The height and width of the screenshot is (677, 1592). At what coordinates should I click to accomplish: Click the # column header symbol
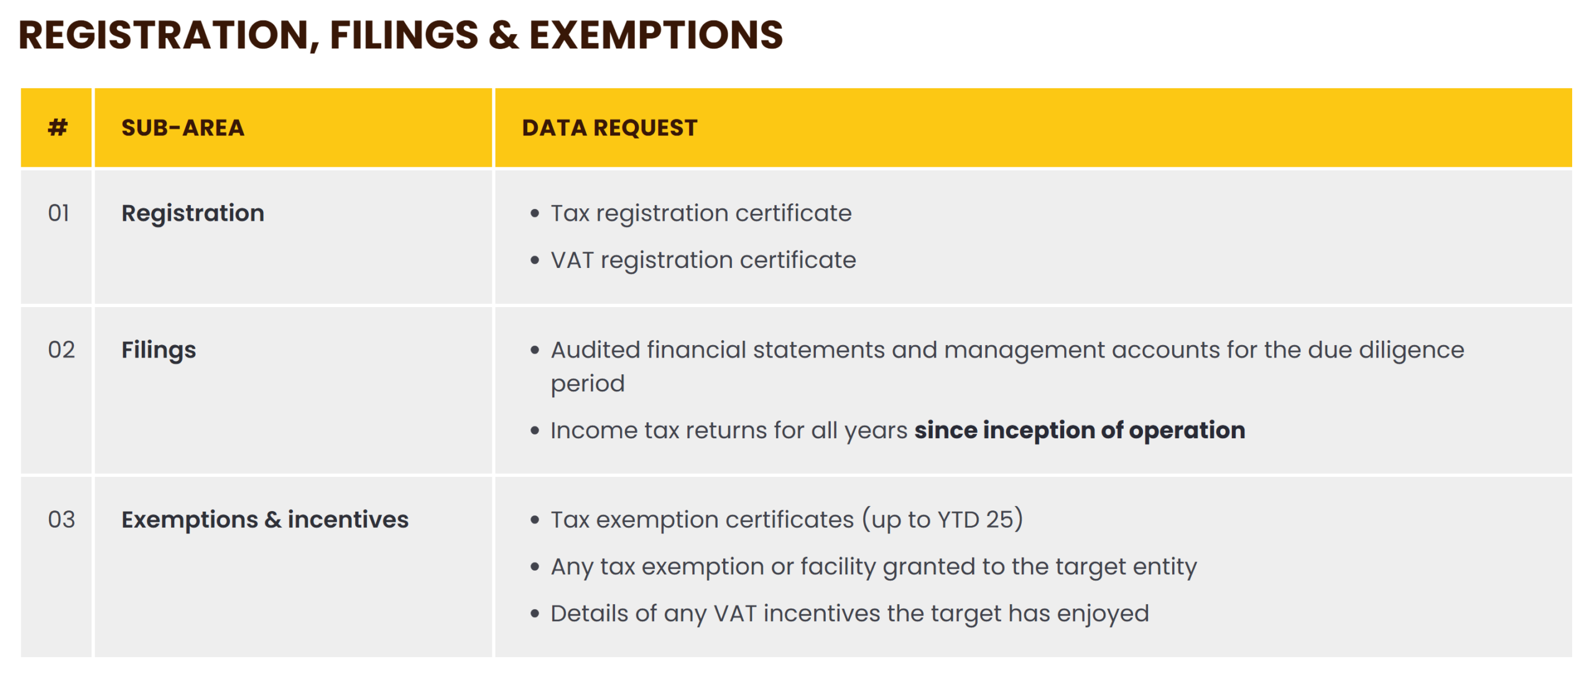[x=58, y=127]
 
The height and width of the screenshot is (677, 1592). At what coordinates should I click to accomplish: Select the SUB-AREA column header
[x=183, y=127]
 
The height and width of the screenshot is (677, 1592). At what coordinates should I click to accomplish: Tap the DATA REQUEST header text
[x=609, y=127]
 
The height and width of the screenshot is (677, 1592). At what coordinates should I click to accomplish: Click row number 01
[x=58, y=213]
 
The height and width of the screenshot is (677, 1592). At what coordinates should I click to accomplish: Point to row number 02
[x=61, y=350]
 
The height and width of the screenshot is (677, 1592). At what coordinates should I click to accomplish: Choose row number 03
[x=61, y=520]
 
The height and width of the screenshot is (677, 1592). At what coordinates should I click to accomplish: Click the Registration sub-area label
[x=193, y=214]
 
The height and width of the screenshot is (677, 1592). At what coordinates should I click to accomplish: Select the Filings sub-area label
[x=159, y=351]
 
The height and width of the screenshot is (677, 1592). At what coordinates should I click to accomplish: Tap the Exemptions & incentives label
[x=265, y=520]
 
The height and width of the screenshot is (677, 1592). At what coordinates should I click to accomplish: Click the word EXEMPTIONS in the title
[x=656, y=35]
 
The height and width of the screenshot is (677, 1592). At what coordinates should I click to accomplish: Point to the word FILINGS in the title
[x=404, y=35]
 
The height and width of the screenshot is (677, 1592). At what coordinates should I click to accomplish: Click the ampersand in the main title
[x=503, y=35]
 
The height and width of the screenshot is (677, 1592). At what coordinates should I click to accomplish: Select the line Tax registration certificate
[x=701, y=214]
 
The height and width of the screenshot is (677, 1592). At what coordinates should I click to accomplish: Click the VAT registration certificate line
[x=703, y=260]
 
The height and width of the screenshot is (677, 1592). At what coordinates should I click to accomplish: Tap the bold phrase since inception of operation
[x=1080, y=430]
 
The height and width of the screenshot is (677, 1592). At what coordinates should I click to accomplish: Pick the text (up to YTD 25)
[x=942, y=520]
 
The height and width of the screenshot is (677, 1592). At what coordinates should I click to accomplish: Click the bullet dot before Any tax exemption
[x=535, y=567]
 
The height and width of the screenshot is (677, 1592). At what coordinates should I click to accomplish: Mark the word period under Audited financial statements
[x=588, y=384]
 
